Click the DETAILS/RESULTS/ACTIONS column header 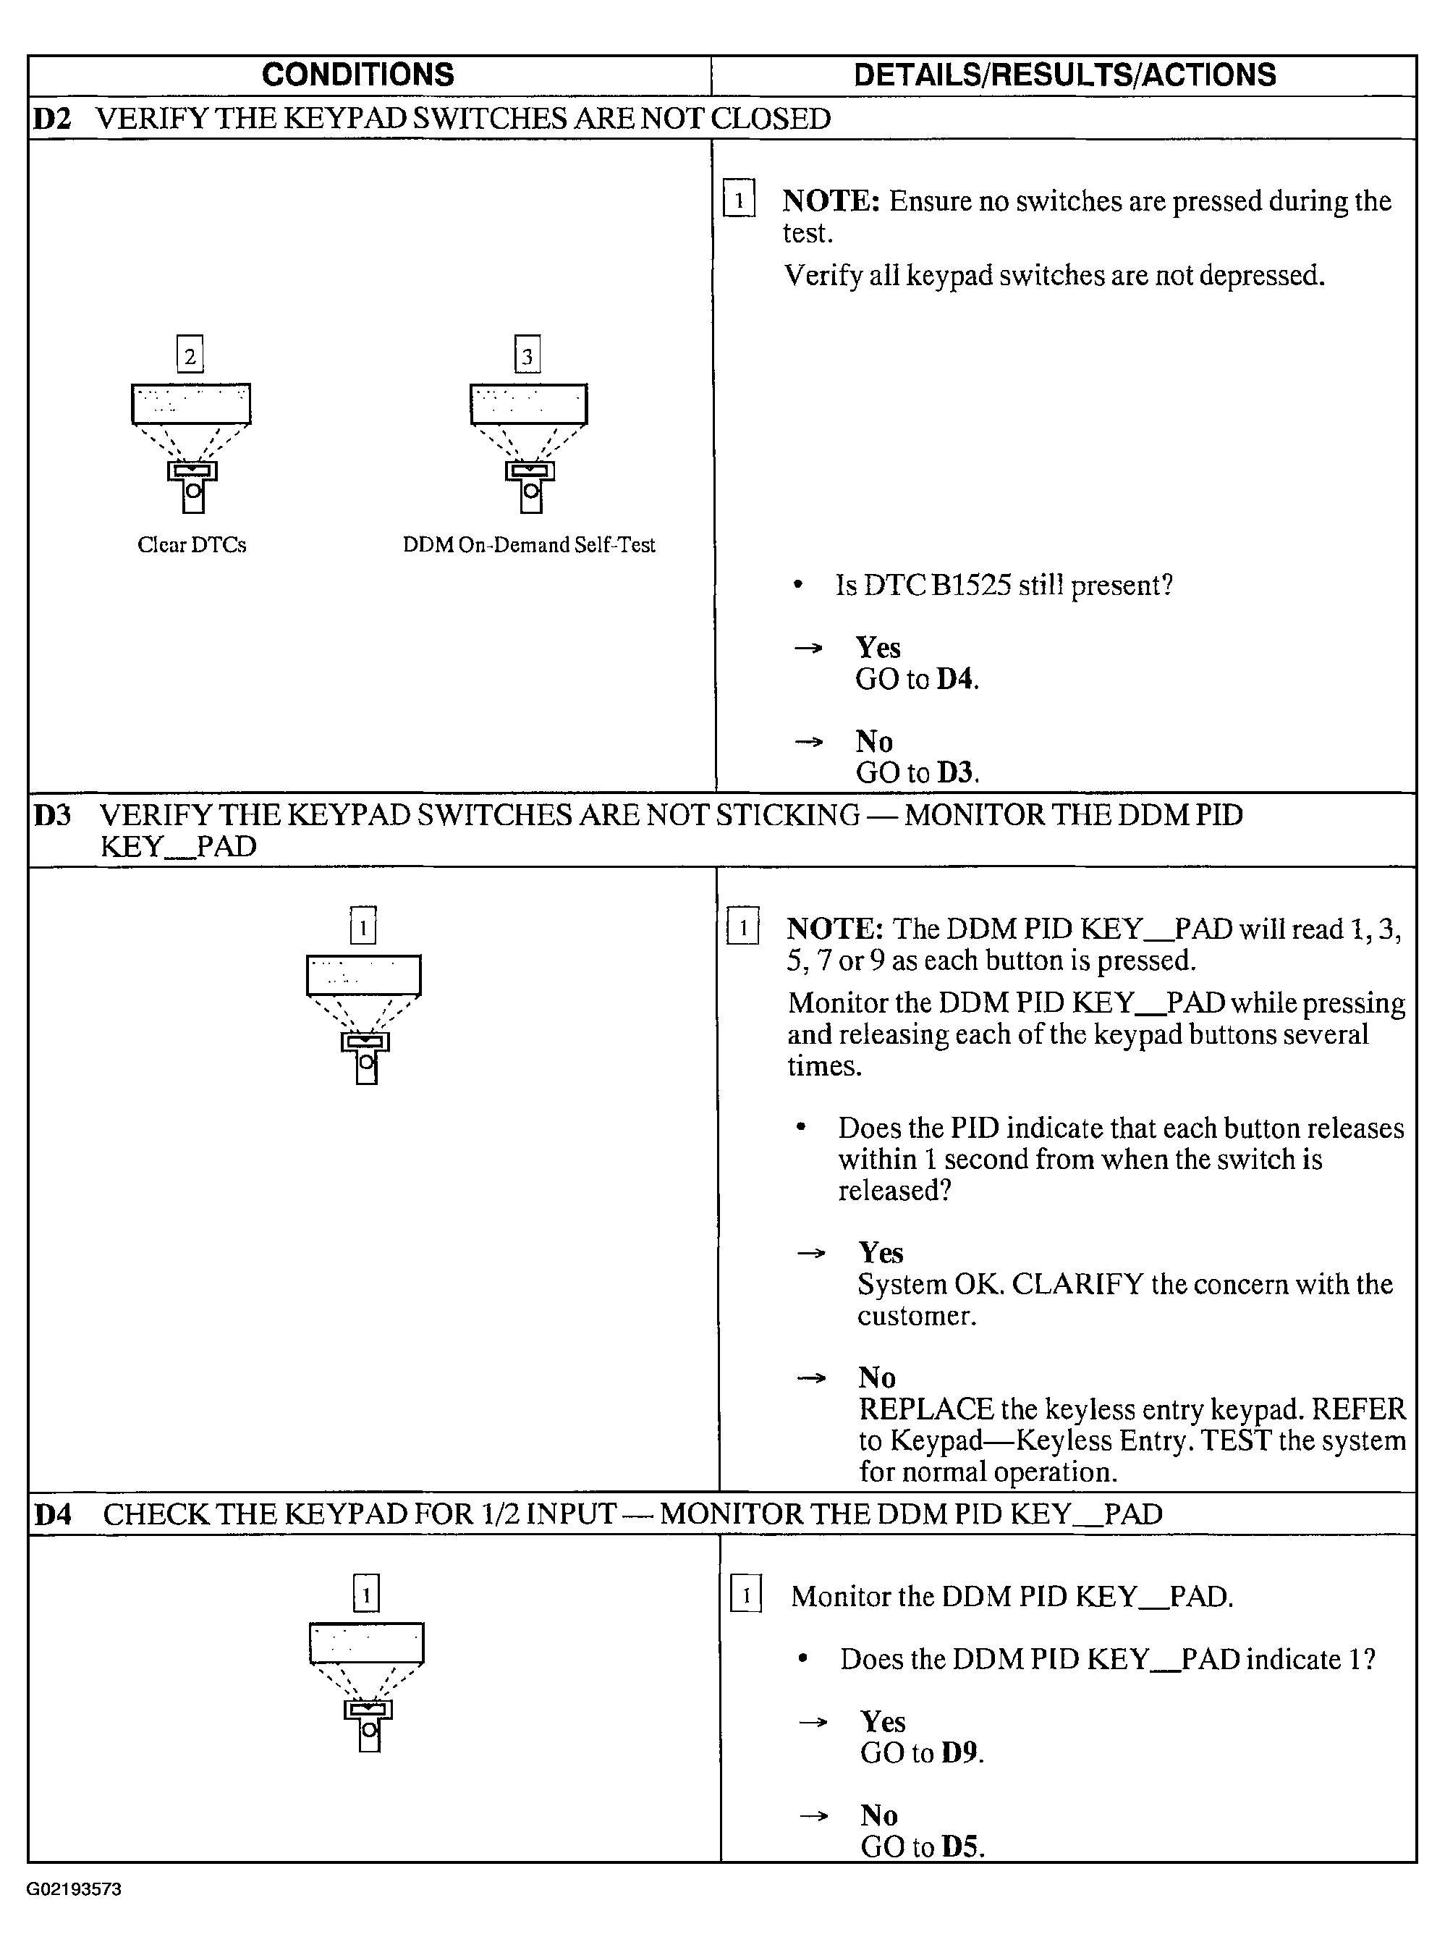click(1064, 75)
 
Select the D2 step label click(51, 119)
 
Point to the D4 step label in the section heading click(54, 1514)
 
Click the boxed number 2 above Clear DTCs click(190, 355)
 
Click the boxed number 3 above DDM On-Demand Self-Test click(527, 355)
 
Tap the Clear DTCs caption click(192, 545)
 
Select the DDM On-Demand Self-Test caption click(528, 545)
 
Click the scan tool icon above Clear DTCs click(192, 446)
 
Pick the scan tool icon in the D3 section click(364, 1019)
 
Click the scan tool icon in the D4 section click(368, 1686)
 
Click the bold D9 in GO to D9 click(959, 1753)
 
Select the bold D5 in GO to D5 click(960, 1846)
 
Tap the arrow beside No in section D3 click(811, 1379)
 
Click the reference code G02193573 click(74, 1888)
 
